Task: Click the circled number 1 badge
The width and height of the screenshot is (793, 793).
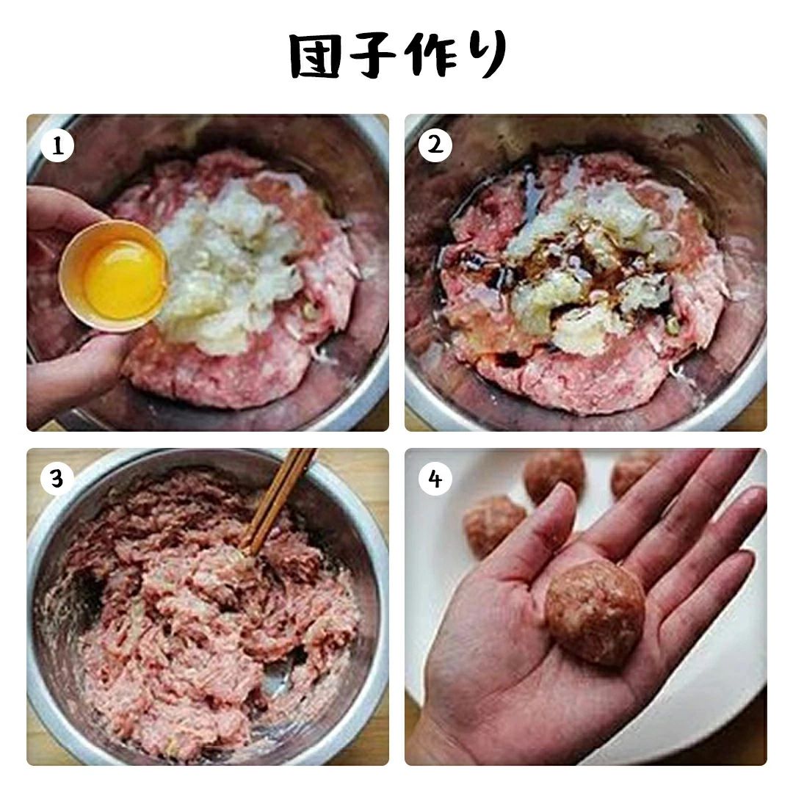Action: tap(57, 145)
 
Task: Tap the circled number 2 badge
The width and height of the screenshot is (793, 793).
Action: tap(435, 145)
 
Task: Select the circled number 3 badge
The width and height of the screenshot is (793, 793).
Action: tap(57, 479)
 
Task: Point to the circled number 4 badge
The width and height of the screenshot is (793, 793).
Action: tap(435, 479)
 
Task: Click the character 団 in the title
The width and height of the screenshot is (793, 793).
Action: tap(314, 56)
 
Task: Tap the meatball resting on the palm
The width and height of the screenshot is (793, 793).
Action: tap(595, 612)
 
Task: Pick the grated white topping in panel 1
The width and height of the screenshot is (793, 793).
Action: tap(228, 263)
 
